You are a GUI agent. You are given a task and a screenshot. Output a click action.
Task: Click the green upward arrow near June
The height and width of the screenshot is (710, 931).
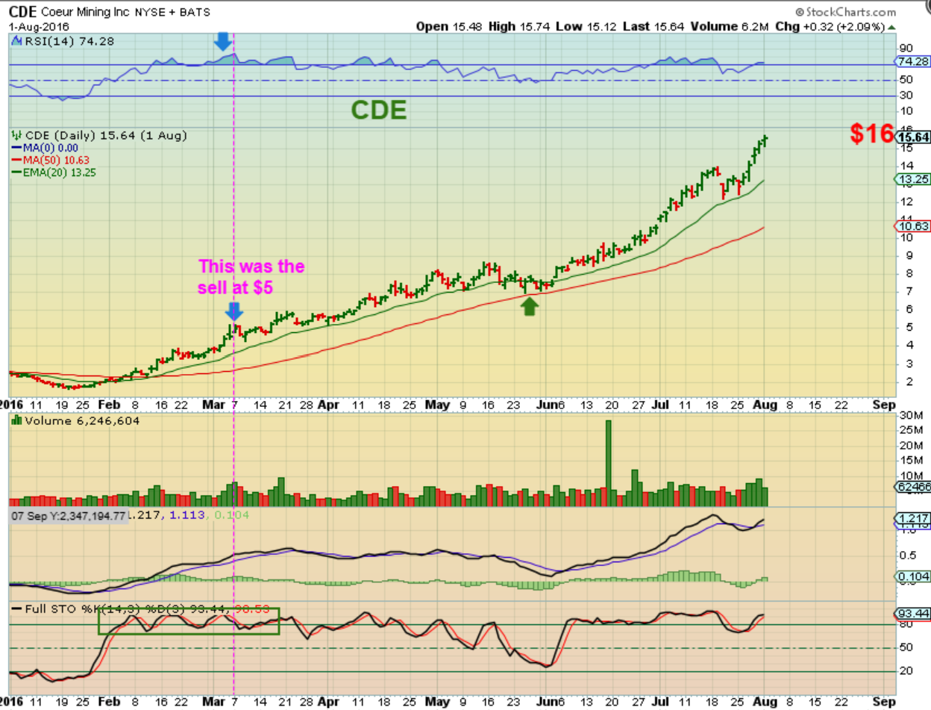[x=529, y=306]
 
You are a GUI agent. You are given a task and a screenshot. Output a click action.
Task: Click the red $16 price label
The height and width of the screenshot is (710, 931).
[x=872, y=134]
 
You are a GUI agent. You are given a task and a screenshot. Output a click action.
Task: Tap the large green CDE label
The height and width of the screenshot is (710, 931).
[x=379, y=110]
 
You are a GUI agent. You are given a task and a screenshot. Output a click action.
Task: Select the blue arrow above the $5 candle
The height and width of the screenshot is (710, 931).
[x=234, y=311]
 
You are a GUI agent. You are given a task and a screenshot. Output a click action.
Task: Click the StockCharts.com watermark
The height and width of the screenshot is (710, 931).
[x=845, y=12]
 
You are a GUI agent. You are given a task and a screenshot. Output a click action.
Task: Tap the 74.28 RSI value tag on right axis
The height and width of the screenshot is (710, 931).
[x=911, y=61]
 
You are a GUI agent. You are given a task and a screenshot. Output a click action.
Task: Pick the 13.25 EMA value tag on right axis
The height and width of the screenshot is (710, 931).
[x=910, y=179]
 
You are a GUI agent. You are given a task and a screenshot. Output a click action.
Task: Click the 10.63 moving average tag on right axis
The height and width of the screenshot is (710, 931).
[x=910, y=225]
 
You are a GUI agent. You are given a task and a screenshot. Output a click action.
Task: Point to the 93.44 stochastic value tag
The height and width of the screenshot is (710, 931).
[x=910, y=613]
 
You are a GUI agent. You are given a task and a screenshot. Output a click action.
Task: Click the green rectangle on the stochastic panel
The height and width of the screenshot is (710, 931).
[x=188, y=620]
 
